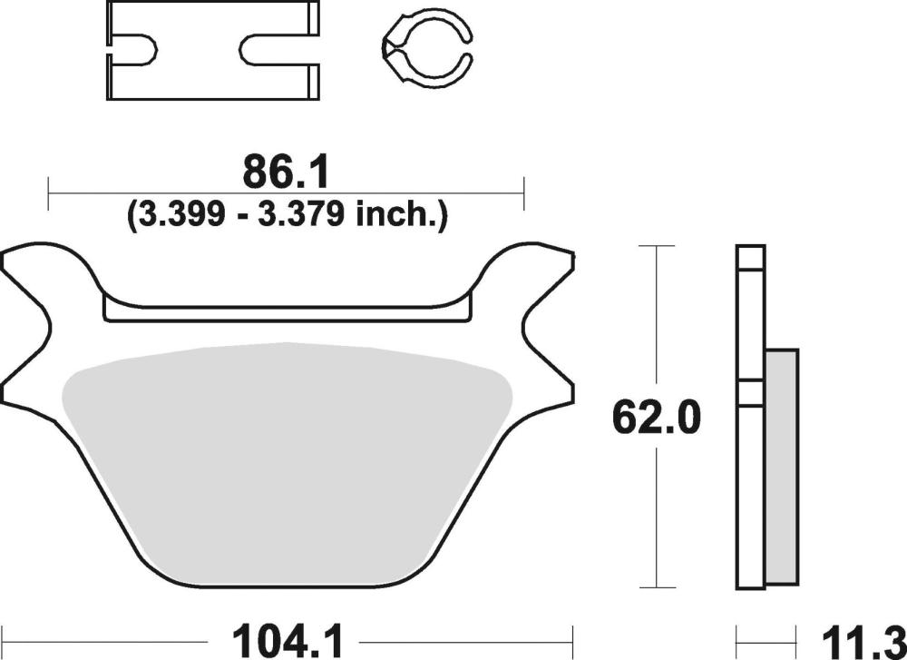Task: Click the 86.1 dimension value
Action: click(x=286, y=172)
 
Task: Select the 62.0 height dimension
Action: click(x=656, y=418)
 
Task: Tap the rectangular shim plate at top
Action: click(x=212, y=51)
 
